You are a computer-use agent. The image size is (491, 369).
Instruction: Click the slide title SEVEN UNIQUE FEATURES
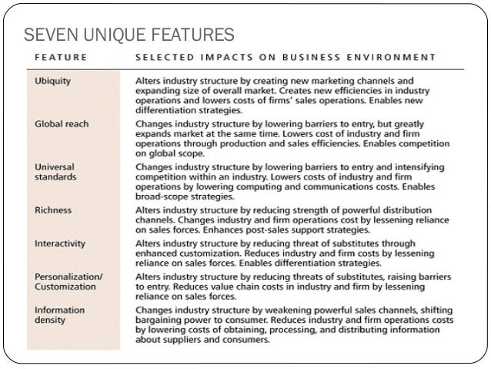129,35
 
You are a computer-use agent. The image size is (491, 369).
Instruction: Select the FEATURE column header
61,57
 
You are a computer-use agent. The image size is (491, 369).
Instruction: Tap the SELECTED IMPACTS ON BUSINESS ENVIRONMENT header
286,57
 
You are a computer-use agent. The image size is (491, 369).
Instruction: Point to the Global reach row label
62,123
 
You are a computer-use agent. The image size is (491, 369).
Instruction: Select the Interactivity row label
60,243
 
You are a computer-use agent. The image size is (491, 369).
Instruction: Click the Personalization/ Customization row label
69,281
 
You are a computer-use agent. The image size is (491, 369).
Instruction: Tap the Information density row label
59,315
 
